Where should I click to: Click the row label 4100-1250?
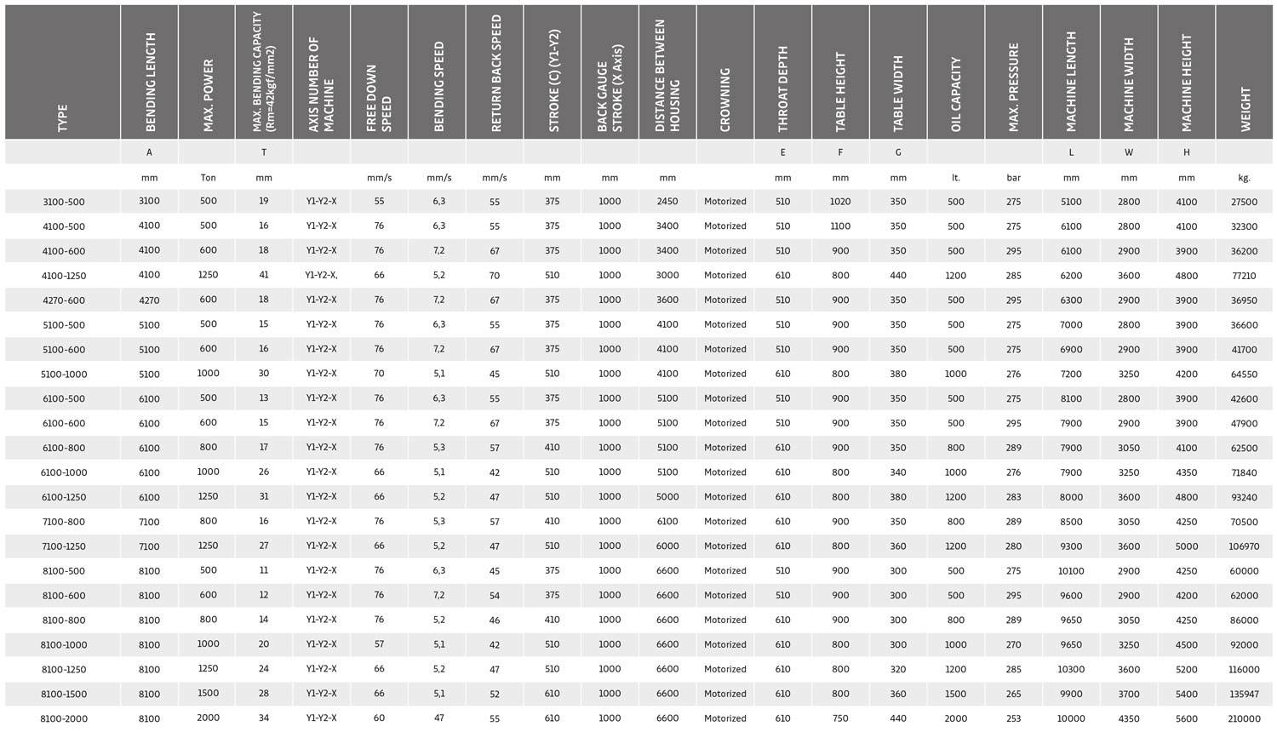[63, 276]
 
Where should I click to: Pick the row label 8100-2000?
[63, 718]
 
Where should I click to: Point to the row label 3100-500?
[63, 202]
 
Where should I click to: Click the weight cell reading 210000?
[1244, 718]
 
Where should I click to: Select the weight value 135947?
[1244, 694]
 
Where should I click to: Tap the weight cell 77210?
[1244, 276]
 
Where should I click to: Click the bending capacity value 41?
[264, 275]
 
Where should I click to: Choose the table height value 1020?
[840, 202]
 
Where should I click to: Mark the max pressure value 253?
[1013, 718]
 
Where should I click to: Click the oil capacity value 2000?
[956, 718]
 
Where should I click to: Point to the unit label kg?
[1244, 178]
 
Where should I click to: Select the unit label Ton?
[208, 178]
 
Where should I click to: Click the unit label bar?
[1013, 178]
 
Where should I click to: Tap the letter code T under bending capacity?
[264, 152]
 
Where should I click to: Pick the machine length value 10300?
[1071, 669]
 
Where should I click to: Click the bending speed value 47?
[438, 718]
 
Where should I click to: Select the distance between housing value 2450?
[667, 202]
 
